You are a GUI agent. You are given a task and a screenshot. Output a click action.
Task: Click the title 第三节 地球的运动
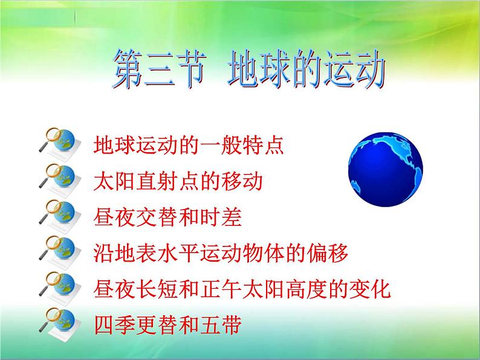248,69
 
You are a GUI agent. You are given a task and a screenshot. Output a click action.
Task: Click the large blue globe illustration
386,170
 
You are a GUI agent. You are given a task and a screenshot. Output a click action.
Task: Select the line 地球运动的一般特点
189,145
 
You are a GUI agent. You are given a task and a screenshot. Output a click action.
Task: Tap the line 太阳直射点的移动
178,181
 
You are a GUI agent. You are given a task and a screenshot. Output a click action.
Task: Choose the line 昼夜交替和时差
167,217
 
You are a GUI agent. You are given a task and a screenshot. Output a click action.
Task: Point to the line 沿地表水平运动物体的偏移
221,253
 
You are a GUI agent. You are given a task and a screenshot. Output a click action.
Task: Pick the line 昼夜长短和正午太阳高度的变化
242,289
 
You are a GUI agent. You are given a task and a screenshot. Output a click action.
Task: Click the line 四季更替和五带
167,325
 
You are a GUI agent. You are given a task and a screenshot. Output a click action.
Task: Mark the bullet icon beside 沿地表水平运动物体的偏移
60,252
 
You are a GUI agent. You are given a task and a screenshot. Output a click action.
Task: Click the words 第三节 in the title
159,69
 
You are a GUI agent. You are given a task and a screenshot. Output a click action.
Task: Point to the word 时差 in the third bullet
221,217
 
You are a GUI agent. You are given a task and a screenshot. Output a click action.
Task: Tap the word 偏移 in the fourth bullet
328,253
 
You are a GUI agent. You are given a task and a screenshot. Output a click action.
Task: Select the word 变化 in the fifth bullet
371,289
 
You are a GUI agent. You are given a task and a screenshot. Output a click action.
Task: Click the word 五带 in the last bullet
221,325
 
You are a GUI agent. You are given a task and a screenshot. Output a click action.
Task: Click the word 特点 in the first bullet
263,145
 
